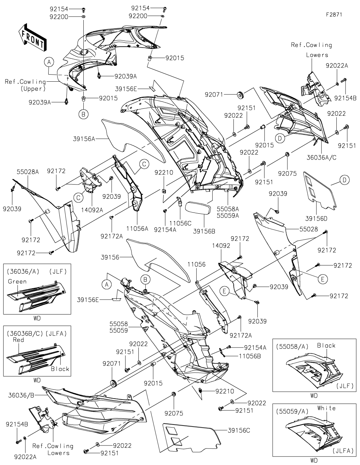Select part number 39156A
coord(84,138)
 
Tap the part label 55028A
coord(28,172)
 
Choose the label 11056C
coord(180,223)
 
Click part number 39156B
coord(204,231)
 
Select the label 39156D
coord(316,219)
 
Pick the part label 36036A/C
coord(322,158)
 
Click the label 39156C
coord(239,430)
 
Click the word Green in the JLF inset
coord(17,281)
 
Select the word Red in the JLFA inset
coord(19,339)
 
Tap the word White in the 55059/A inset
coord(326,408)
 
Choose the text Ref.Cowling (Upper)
coord(25,85)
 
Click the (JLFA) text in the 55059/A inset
coord(343,450)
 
